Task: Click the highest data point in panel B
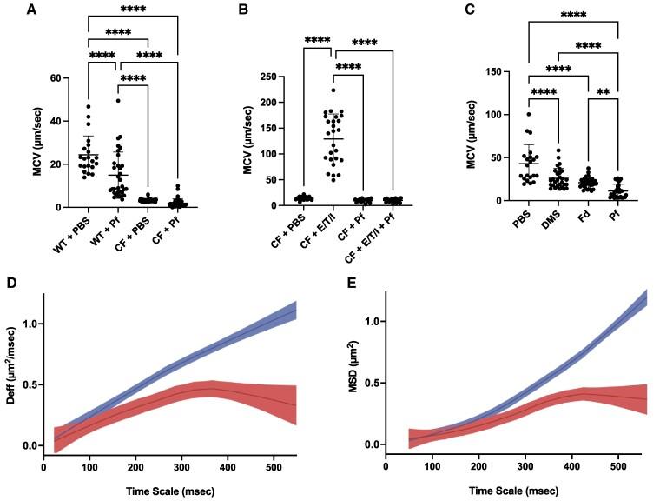[x=333, y=90]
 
